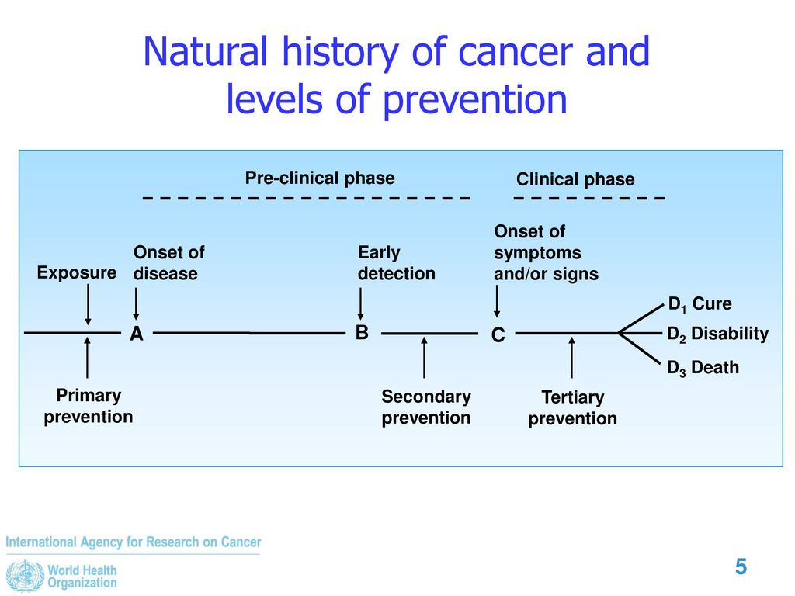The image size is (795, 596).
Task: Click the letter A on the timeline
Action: coord(137,334)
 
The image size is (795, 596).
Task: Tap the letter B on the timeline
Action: coord(362,332)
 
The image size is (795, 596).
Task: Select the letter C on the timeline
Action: coord(498,335)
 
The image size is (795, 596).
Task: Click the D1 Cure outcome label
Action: coord(700,304)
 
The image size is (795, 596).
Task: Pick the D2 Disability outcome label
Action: coord(717,334)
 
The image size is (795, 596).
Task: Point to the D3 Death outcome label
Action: coord(703,367)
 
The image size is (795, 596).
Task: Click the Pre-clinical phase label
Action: coord(320,178)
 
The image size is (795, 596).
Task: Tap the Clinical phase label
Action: coord(575,179)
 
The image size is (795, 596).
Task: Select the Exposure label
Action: coord(77,272)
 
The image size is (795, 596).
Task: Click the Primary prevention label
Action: coord(89,406)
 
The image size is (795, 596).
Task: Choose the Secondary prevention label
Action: coord(426,407)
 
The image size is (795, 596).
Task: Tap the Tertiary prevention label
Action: coord(572,408)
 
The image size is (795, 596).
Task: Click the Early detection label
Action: coord(397,263)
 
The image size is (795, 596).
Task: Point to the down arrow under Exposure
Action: coord(89,304)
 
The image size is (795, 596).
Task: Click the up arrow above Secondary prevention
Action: coord(425,358)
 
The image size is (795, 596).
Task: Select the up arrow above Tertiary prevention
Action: coord(572,358)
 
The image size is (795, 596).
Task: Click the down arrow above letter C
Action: coord(497,301)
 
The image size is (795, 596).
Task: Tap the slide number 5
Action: coord(741,567)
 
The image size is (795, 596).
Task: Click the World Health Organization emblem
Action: coord(25,577)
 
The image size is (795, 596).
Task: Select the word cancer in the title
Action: coord(516,52)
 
